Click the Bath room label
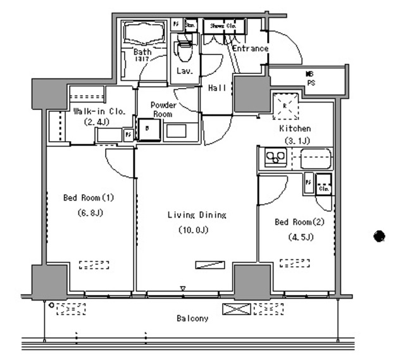142,52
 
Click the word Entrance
250,49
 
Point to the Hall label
217,88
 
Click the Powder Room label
163,109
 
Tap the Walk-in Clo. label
99,111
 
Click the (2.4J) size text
99,121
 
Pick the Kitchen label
296,128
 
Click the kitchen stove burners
275,156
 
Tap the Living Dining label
197,215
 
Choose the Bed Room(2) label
299,222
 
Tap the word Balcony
192,318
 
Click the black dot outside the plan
378,237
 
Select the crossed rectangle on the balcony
235,309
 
